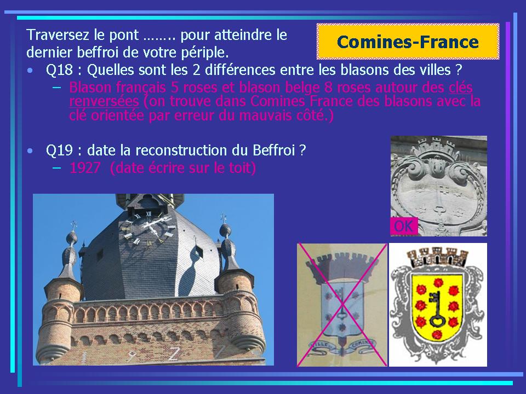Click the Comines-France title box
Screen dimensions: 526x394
click(x=408, y=42)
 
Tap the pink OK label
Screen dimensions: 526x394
click(x=404, y=226)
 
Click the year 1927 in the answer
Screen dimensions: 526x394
click(x=84, y=167)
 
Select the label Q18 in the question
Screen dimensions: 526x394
click(x=59, y=69)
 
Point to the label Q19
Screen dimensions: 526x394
click(x=59, y=150)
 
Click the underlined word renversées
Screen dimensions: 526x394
click(x=104, y=101)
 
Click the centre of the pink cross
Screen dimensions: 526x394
click(x=342, y=305)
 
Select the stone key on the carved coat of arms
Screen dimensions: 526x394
click(x=439, y=198)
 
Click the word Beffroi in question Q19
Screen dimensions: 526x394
click(x=273, y=150)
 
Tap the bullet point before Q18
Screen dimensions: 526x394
click(x=31, y=71)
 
